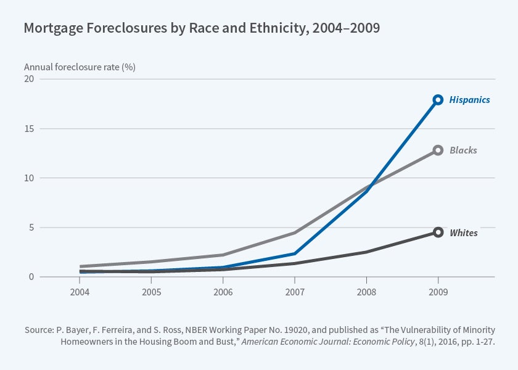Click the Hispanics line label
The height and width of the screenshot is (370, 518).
(x=469, y=100)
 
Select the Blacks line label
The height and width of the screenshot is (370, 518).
(x=463, y=150)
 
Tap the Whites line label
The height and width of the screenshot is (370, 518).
(x=464, y=233)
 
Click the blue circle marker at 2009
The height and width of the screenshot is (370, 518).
(x=438, y=100)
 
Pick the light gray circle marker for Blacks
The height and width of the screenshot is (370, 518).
(x=438, y=150)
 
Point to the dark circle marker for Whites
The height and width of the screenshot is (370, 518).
(x=438, y=232)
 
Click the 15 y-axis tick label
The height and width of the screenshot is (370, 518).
(x=29, y=129)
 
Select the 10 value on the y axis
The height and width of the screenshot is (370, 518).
(x=29, y=178)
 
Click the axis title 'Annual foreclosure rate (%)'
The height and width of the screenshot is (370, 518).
(x=80, y=67)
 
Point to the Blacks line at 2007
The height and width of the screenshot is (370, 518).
(x=295, y=233)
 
